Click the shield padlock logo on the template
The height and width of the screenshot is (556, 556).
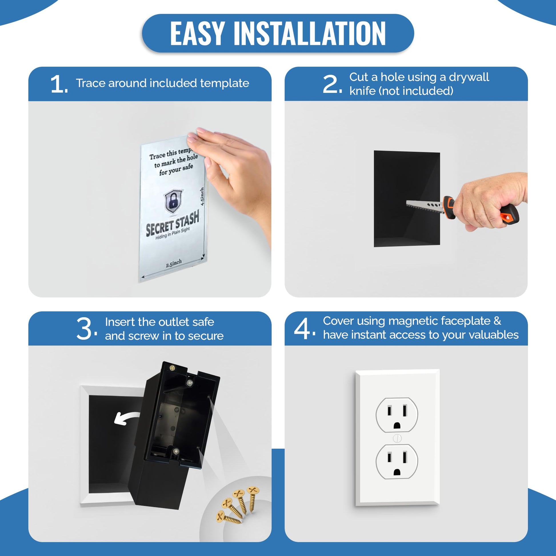pos(173,201)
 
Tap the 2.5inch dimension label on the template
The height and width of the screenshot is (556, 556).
pos(174,263)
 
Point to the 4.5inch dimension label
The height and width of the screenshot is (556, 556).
pos(202,196)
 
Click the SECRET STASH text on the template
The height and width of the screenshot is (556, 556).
pos(172,223)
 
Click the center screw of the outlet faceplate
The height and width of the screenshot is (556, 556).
pos(397,438)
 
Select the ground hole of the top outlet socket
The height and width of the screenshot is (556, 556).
pos(397,425)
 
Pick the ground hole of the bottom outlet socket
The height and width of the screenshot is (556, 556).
pos(397,472)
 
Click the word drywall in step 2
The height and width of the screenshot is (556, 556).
pos(469,77)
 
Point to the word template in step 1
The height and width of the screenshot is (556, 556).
pos(225,83)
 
